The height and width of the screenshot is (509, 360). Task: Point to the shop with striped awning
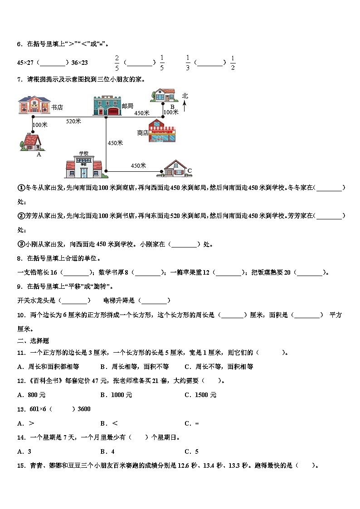162,131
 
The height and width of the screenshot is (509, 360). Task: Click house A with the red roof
32,141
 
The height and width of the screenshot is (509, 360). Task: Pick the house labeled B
163,95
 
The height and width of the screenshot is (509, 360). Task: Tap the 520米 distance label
73,121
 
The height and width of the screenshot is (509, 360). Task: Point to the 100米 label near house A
40,125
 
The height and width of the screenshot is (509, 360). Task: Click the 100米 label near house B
170,112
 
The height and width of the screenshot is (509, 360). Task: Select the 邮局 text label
127,106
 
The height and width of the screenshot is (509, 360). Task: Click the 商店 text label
143,133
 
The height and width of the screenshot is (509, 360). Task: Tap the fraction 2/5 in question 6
117,63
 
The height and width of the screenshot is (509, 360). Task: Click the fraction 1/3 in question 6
188,63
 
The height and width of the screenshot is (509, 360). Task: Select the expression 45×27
26,63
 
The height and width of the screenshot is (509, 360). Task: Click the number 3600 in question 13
84,409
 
